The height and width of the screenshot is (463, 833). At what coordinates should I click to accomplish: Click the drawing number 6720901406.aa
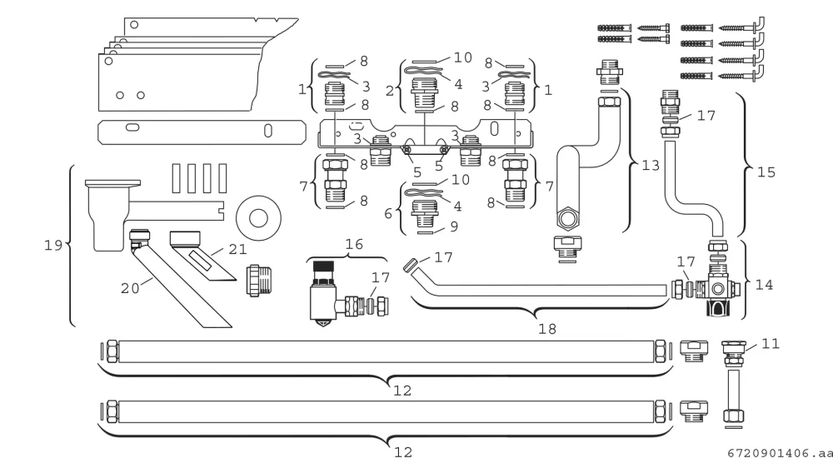pyautogui.click(x=780, y=454)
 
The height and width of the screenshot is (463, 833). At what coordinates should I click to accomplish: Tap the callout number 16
pyautogui.click(x=354, y=244)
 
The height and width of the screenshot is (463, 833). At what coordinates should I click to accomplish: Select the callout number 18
pyautogui.click(x=547, y=329)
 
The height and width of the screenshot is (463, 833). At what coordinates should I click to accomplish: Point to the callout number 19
pyautogui.click(x=53, y=245)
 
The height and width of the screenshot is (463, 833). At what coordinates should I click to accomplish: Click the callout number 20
pyautogui.click(x=130, y=288)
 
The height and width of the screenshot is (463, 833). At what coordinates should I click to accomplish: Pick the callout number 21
pyautogui.click(x=237, y=249)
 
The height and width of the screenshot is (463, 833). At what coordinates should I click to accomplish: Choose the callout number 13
pyautogui.click(x=651, y=165)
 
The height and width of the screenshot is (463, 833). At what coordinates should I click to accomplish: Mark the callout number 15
pyautogui.click(x=766, y=172)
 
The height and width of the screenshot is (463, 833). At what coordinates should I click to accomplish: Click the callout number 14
pyautogui.click(x=764, y=285)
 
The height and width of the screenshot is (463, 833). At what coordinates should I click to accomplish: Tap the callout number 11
pyautogui.click(x=771, y=344)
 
